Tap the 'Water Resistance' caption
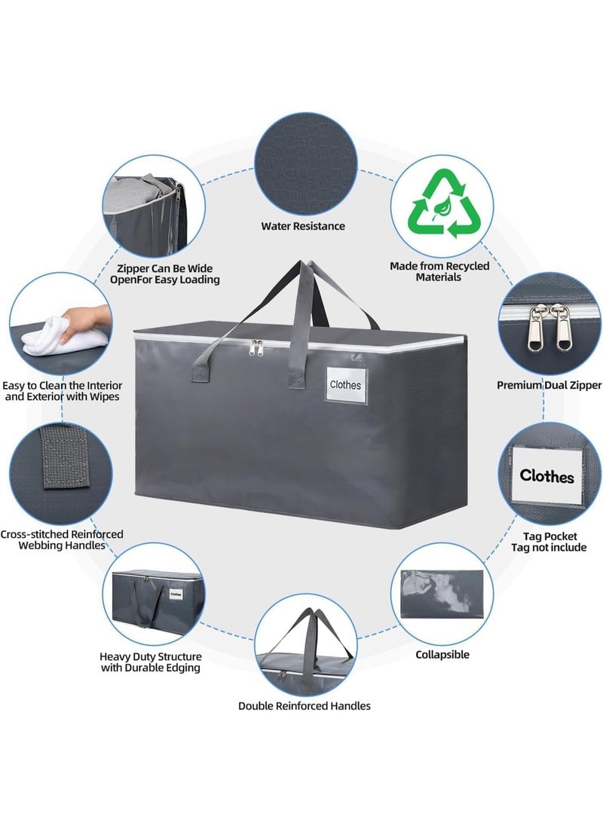[303, 227]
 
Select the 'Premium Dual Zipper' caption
[549, 385]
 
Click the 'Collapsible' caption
[442, 655]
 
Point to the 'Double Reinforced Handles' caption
[304, 706]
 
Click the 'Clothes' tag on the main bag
[345, 385]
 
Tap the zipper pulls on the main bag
[256, 347]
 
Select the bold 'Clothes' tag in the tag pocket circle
[547, 476]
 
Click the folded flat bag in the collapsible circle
[442, 595]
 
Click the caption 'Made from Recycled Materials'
[439, 271]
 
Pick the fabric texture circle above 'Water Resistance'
[306, 164]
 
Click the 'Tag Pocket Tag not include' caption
[549, 542]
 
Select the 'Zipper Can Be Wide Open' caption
[164, 274]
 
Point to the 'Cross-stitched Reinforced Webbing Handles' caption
[62, 540]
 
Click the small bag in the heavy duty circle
[158, 598]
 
